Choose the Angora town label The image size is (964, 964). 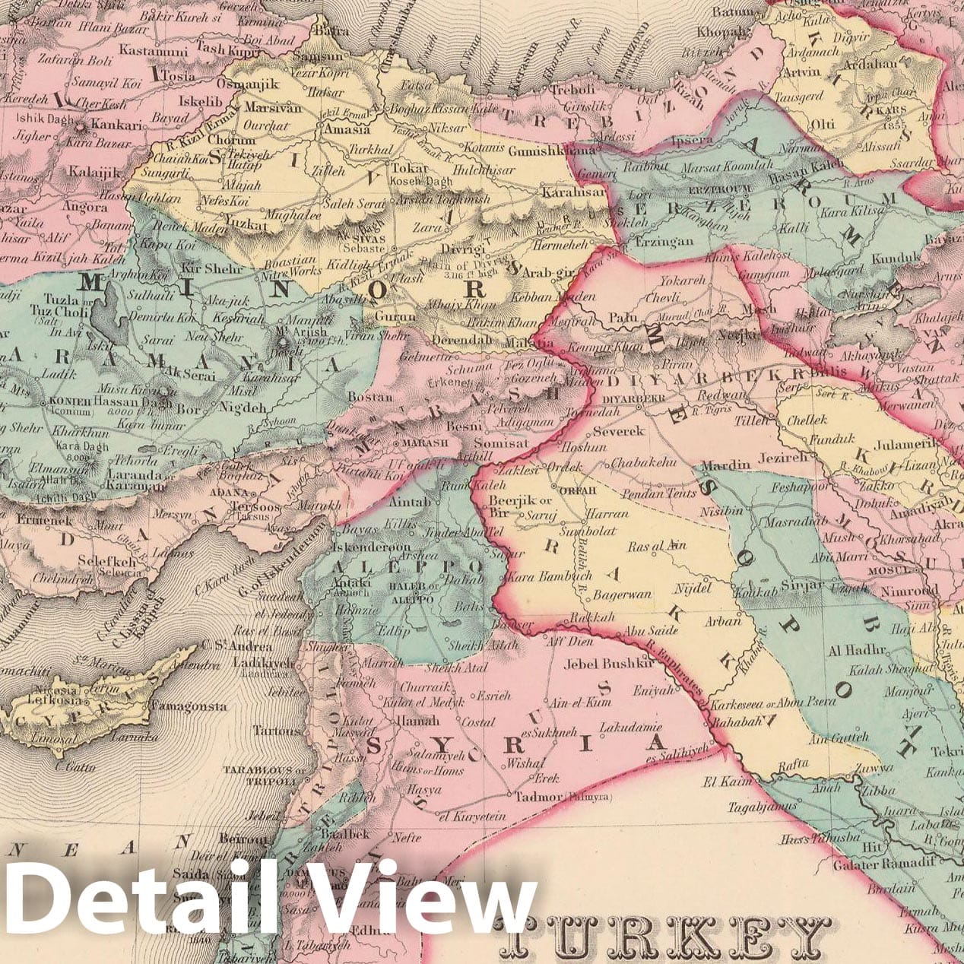[84, 206]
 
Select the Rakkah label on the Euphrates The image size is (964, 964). [593, 617]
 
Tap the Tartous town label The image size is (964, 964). [277, 731]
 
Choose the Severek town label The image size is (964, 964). [618, 431]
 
